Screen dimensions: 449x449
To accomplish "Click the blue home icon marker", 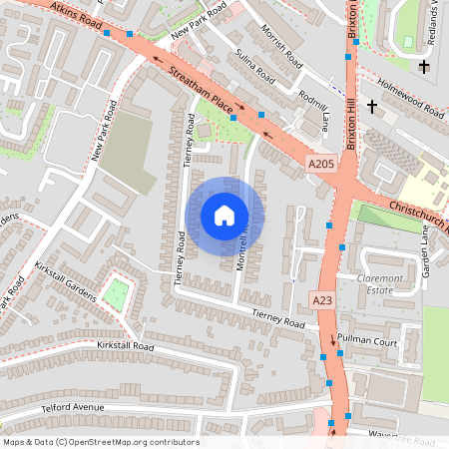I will pyautogui.click(x=224, y=215).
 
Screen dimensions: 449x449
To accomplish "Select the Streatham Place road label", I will pyautogui.click(x=200, y=90).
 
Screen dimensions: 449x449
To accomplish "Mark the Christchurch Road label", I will pyautogui.click(x=419, y=218).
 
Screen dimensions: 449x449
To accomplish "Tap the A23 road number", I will pyautogui.click(x=321, y=299).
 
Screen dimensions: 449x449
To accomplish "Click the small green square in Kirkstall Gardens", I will pyautogui.click(x=117, y=293).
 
